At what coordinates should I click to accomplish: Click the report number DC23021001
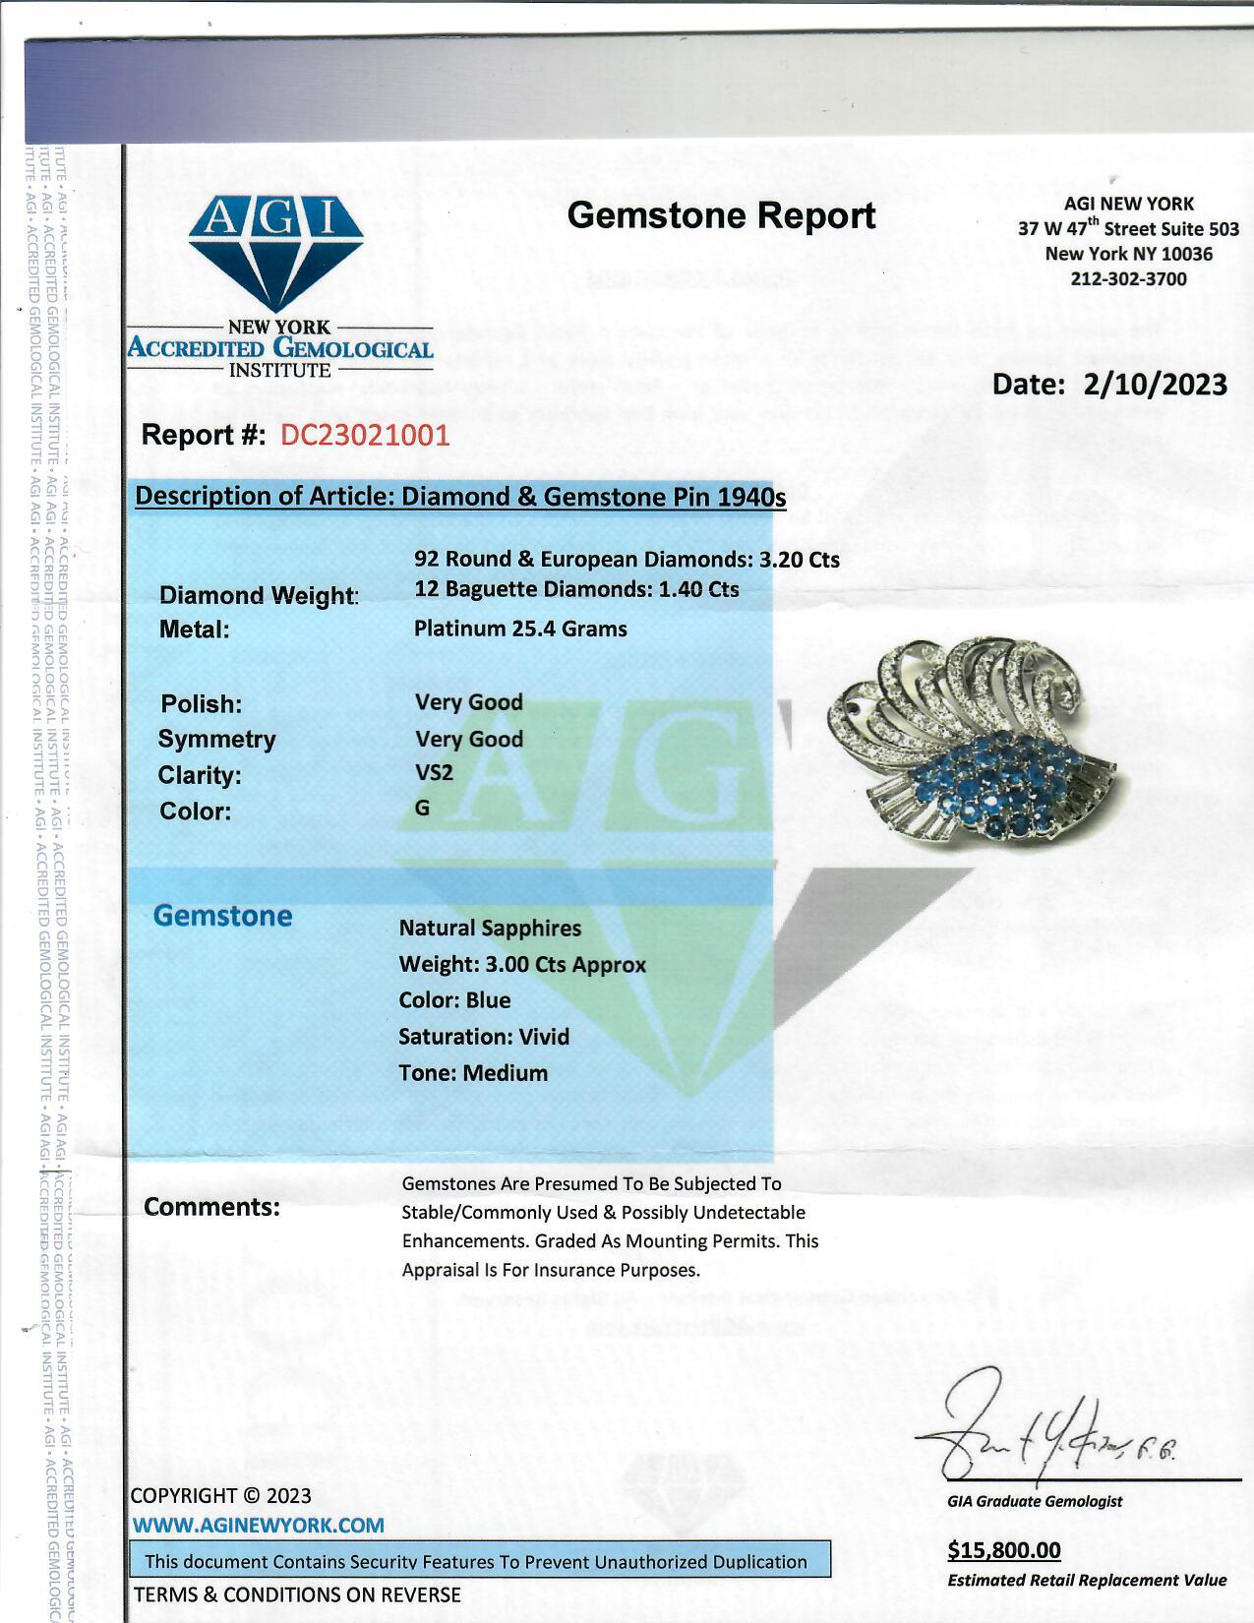[365, 435]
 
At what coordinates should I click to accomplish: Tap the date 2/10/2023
[1155, 384]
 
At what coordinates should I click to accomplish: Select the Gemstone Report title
[721, 215]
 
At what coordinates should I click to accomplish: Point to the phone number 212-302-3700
[1128, 278]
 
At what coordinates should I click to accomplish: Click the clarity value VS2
[434, 772]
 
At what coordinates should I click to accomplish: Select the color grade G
[423, 808]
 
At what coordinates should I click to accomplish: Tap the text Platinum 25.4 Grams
[520, 628]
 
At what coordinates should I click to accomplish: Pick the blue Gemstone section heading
[223, 916]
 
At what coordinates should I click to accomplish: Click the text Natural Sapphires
[490, 928]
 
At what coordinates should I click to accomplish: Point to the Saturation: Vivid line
[484, 1036]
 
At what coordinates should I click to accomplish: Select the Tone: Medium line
[473, 1072]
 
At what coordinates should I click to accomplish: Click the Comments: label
[211, 1207]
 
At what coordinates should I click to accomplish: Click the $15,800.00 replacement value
[1004, 1550]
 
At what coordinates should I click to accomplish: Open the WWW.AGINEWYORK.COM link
[258, 1525]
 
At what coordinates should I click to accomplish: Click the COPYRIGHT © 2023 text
[220, 1495]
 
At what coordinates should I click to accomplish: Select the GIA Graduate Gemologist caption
[1035, 1501]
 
